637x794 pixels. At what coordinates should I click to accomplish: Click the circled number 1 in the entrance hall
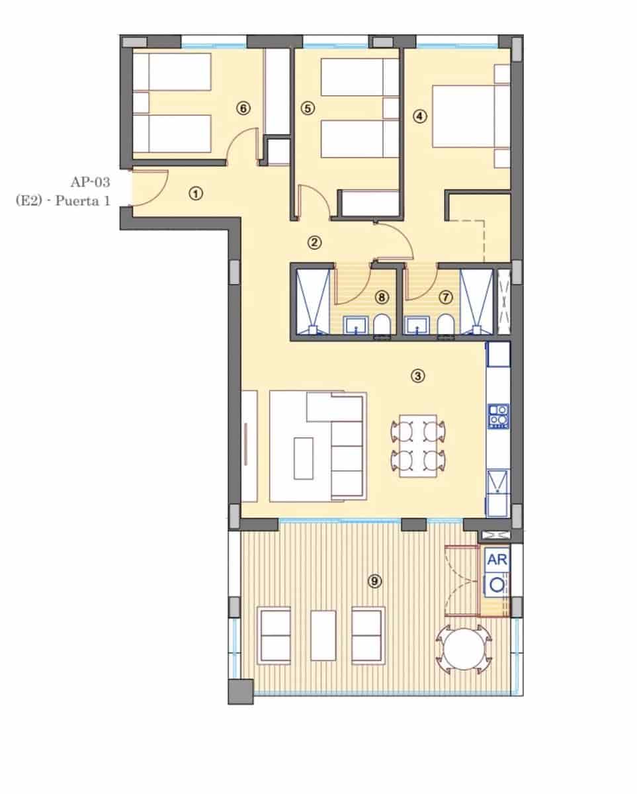point(195,193)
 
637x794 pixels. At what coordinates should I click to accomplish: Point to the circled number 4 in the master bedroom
point(419,115)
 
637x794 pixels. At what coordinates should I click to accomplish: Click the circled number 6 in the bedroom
point(243,108)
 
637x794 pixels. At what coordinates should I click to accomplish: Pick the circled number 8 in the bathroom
point(381,297)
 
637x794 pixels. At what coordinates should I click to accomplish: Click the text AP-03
point(91,180)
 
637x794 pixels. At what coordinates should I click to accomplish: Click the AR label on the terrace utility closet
point(497,559)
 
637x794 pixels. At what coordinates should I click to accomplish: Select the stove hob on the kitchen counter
point(498,416)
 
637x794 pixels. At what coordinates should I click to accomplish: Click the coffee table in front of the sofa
point(304,458)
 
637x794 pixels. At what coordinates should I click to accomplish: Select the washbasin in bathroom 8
point(356,326)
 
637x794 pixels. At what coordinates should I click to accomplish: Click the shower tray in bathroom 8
point(311,301)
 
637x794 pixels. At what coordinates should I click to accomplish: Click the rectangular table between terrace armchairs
point(323,635)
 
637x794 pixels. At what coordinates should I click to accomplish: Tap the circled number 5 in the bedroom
point(307,108)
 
